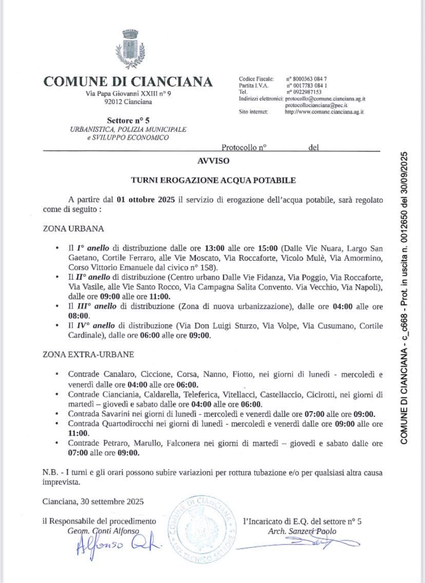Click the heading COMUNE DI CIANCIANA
128,82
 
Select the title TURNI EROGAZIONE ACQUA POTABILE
213,180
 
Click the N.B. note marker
50,472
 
